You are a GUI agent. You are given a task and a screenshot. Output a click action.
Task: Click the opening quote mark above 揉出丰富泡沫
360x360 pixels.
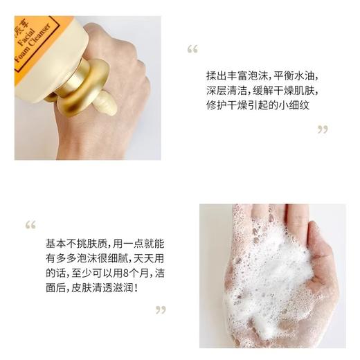[192, 49]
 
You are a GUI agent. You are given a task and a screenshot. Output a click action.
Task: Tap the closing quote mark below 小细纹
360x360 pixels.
[322, 129]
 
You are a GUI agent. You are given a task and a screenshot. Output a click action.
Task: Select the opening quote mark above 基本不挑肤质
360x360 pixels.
[30, 224]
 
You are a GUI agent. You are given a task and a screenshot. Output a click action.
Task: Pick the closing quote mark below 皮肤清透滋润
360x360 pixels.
[161, 309]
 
